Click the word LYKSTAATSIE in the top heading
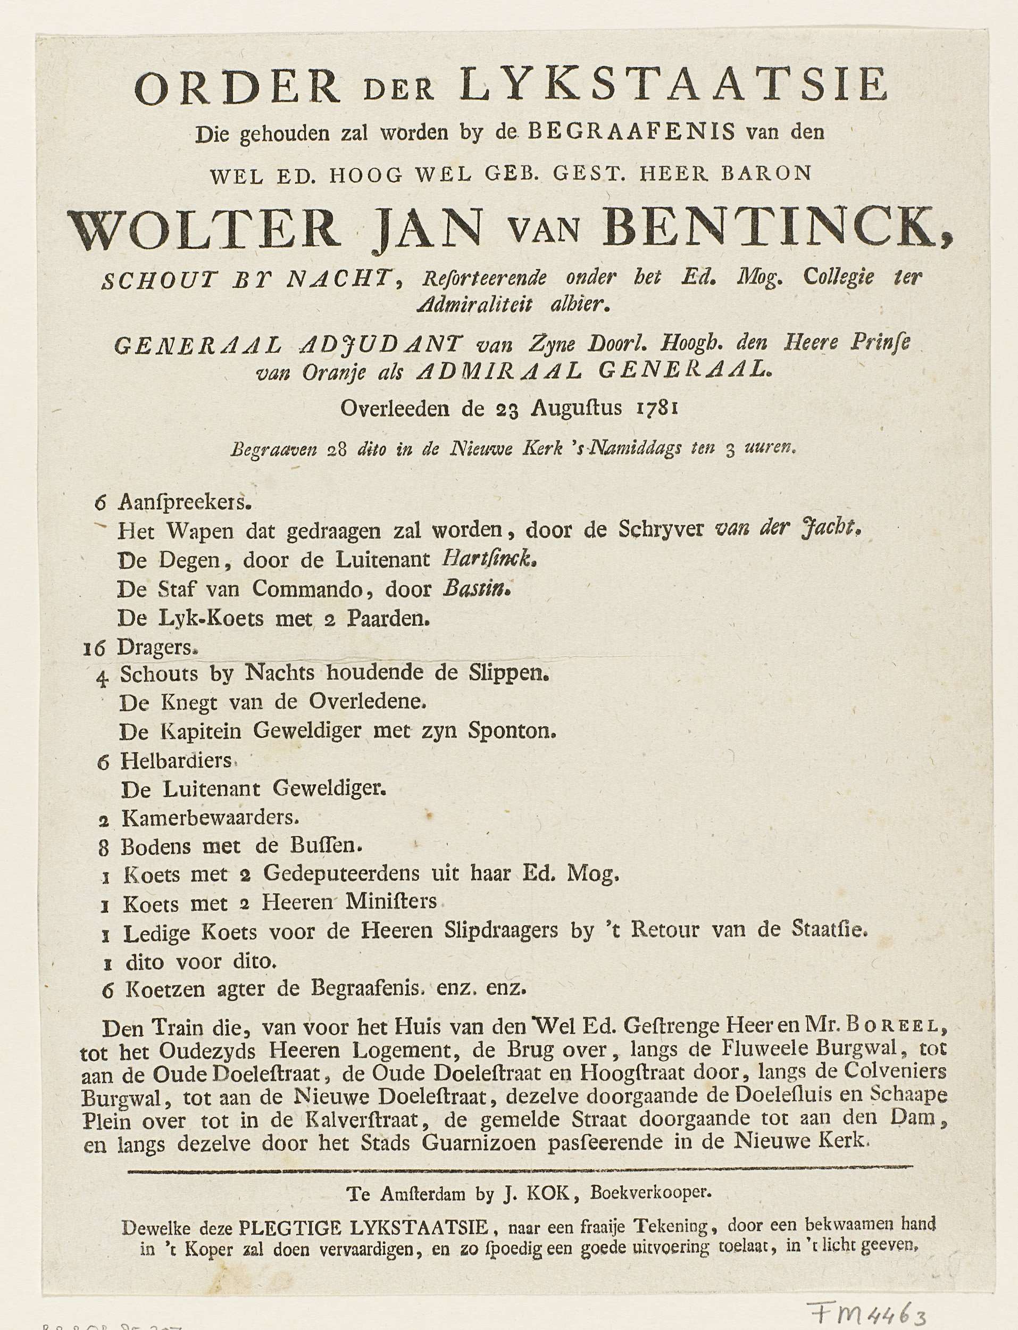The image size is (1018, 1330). click(673, 86)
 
